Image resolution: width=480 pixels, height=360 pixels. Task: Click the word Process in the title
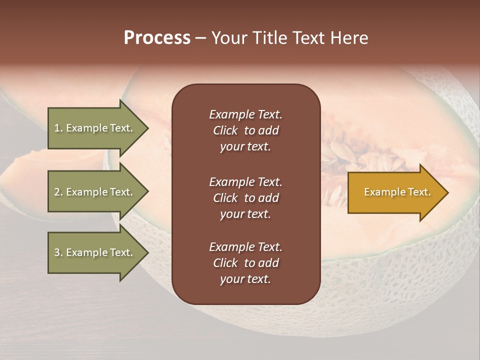point(157,38)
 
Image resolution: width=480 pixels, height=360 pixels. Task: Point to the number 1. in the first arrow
point(58,128)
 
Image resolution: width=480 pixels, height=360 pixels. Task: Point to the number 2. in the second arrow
point(58,192)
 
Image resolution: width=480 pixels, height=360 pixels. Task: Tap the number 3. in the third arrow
point(58,252)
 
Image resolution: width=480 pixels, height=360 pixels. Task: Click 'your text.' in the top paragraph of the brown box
point(245,147)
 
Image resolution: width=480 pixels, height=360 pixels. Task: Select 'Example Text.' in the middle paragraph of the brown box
point(245,182)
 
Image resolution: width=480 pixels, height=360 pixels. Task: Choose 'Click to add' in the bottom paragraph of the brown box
point(245,263)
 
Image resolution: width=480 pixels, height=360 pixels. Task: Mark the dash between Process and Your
point(200,38)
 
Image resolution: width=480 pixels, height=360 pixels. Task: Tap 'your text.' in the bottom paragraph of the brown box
point(245,279)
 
